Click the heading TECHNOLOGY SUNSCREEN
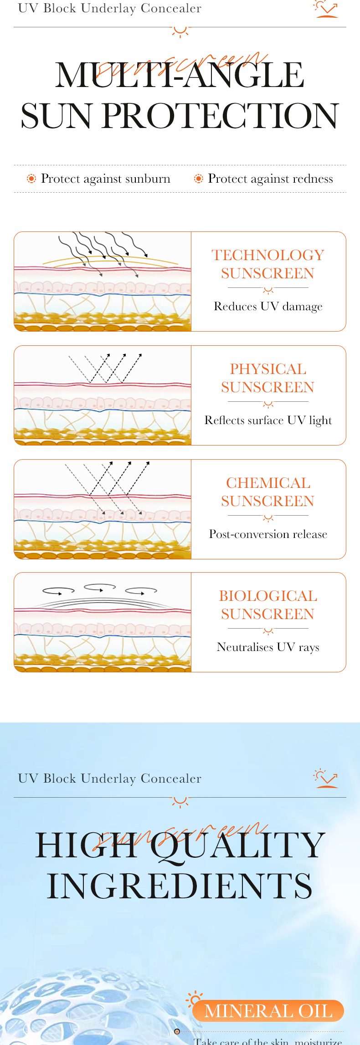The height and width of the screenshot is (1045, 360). tap(268, 264)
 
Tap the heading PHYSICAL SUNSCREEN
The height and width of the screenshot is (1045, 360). tap(268, 378)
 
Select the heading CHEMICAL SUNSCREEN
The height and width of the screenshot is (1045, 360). tap(268, 492)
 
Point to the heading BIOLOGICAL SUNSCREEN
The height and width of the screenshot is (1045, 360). tap(268, 605)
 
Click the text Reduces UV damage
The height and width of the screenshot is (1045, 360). tap(268, 307)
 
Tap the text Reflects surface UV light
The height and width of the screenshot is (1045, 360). tap(268, 420)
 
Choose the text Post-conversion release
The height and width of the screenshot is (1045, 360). tap(268, 534)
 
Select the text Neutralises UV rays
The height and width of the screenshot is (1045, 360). tap(268, 647)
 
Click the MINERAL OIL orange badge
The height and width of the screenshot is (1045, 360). tap(268, 1011)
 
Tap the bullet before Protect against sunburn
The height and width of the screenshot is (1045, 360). tap(31, 179)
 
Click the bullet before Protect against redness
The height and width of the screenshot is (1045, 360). tap(199, 179)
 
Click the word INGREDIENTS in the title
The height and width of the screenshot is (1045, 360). tap(180, 886)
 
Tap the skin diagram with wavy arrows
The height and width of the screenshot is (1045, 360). tap(103, 282)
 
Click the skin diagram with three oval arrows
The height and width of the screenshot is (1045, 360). tap(103, 622)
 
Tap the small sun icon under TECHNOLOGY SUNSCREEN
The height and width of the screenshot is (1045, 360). tap(268, 290)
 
